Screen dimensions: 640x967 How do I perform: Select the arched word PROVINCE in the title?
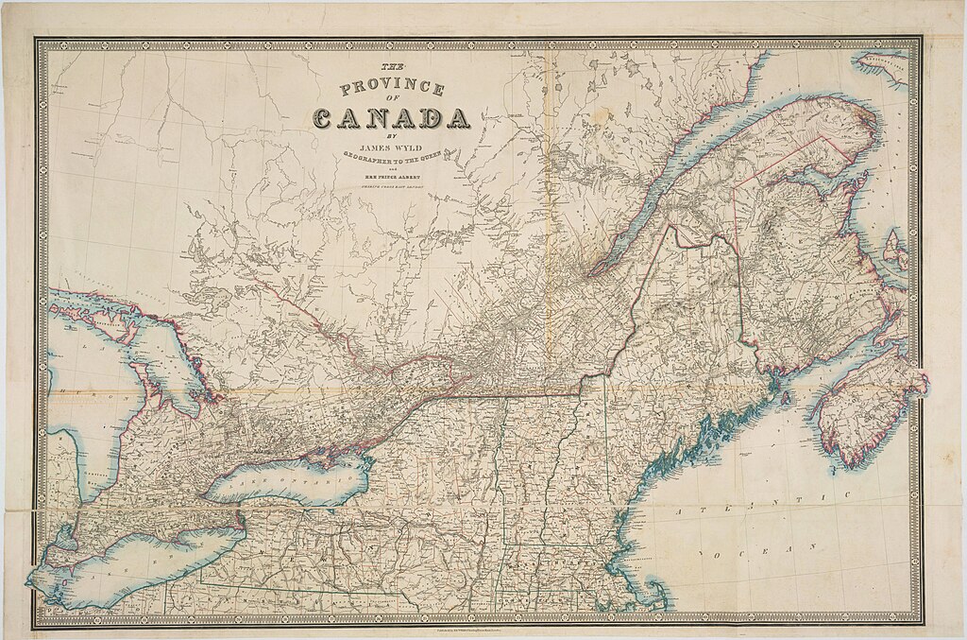(x=392, y=89)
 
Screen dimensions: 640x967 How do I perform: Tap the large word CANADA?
(x=391, y=118)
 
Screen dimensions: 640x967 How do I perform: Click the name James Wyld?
(x=391, y=147)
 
